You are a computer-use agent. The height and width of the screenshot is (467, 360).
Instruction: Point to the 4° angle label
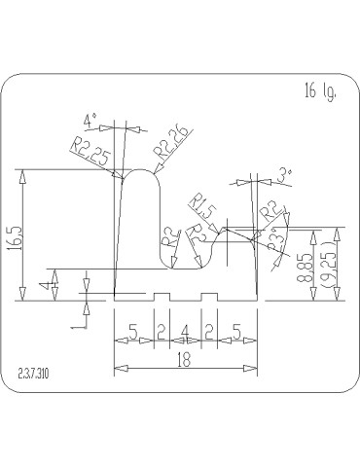point(90,122)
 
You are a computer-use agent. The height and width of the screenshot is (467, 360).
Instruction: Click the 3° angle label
point(284,175)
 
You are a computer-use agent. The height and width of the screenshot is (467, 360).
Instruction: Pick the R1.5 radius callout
point(202,206)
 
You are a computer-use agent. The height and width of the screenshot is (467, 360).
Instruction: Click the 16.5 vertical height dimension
point(14,236)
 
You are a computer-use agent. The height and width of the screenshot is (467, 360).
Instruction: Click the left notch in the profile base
point(162,297)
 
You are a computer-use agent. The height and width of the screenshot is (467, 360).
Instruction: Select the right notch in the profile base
point(208,297)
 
